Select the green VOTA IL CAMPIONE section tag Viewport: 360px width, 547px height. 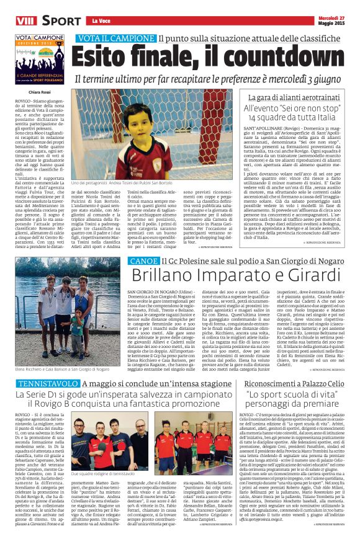[x=115, y=39]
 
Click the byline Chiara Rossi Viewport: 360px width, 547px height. [x=27, y=94]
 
